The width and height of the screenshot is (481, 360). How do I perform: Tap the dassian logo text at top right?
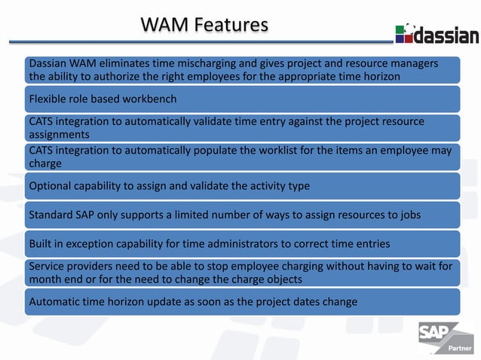tap(446, 35)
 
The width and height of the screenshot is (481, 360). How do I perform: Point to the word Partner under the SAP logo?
tap(460, 349)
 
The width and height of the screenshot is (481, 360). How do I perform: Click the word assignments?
tap(59, 135)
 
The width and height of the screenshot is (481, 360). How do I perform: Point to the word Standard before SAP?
tap(53, 215)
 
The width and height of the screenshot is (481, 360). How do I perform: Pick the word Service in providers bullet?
tap(47, 265)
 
